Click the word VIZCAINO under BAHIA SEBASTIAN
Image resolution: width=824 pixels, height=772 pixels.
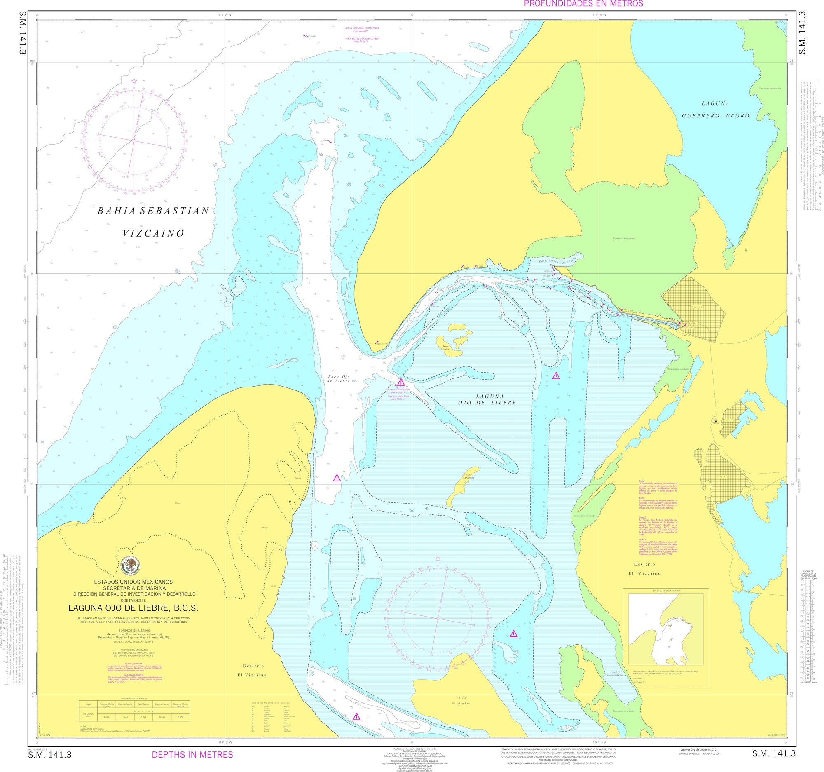(153, 233)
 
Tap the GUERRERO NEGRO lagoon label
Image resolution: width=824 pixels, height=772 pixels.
(716, 116)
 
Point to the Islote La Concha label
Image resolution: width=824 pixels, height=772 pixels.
(468, 476)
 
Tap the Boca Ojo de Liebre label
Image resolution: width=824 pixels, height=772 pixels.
(339, 379)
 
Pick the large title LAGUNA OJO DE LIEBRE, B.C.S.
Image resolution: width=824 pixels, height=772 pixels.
(133, 608)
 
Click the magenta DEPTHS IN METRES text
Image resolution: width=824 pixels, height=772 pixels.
(192, 755)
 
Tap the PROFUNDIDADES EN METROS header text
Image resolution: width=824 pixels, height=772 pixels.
(583, 4)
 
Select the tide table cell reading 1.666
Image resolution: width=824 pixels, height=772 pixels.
(107, 717)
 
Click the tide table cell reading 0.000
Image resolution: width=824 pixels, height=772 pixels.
(180, 717)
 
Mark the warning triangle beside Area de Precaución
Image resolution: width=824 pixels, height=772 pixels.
(400, 382)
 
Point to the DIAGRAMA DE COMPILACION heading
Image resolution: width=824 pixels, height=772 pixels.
(667, 591)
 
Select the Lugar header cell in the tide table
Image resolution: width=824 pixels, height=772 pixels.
(87, 704)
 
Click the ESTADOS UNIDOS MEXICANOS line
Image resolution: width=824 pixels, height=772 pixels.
(133, 582)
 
